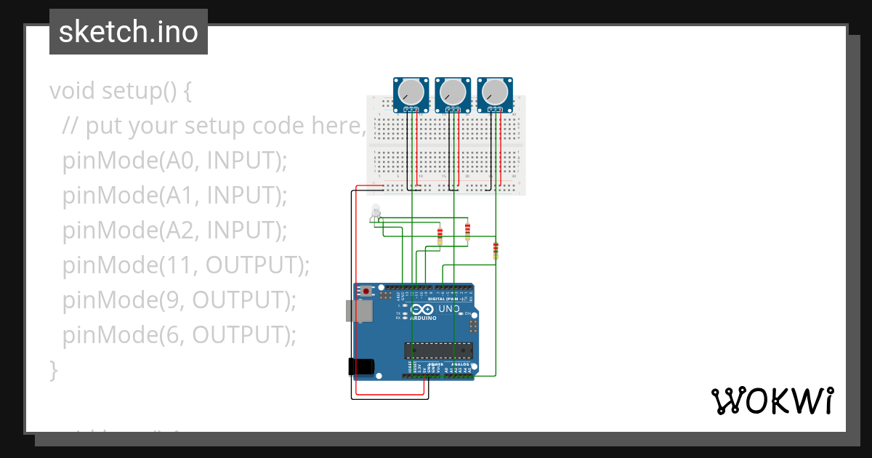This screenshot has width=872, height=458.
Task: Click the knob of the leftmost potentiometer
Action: (411, 92)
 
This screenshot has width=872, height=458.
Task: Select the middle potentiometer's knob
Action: (453, 92)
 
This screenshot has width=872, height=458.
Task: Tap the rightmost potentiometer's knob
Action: (495, 92)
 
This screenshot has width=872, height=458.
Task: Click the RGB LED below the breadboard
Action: (375, 212)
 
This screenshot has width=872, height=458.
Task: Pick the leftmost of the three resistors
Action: (440, 236)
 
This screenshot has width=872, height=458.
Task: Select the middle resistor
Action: (467, 231)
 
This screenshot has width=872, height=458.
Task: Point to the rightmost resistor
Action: (496, 250)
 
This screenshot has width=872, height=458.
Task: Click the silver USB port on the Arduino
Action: (360, 311)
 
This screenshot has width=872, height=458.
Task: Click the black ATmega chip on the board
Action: (438, 350)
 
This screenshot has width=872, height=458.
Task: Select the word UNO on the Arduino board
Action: (449, 309)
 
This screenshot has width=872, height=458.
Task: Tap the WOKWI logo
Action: (772, 401)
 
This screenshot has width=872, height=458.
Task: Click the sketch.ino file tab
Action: (129, 32)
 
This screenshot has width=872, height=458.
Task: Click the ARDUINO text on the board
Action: (424, 318)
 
